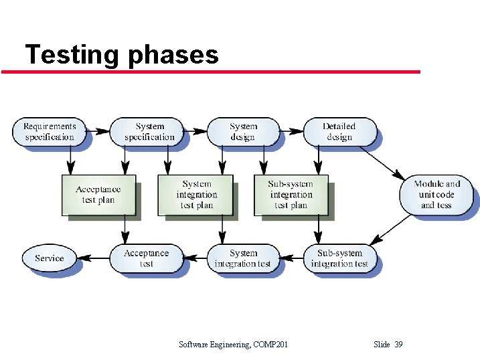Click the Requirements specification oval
50,132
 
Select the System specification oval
149,132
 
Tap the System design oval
242,132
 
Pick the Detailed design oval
339,132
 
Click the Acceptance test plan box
98,195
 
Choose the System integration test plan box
195,195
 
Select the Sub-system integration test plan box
291,195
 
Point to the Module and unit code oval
436,195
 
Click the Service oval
49,258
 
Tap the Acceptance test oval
146,258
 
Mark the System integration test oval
242,258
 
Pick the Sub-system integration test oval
339,258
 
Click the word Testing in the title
72,54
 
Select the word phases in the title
172,56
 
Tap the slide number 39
399,345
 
